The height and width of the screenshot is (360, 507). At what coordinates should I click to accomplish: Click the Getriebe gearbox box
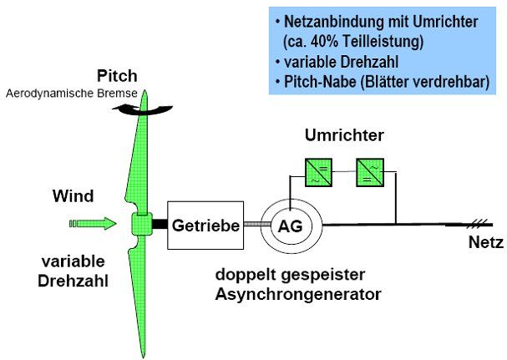[205, 225]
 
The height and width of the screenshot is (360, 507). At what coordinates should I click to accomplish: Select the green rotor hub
[139, 225]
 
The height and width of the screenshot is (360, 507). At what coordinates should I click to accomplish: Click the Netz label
[484, 243]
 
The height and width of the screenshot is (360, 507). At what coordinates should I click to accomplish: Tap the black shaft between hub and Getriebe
[159, 224]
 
